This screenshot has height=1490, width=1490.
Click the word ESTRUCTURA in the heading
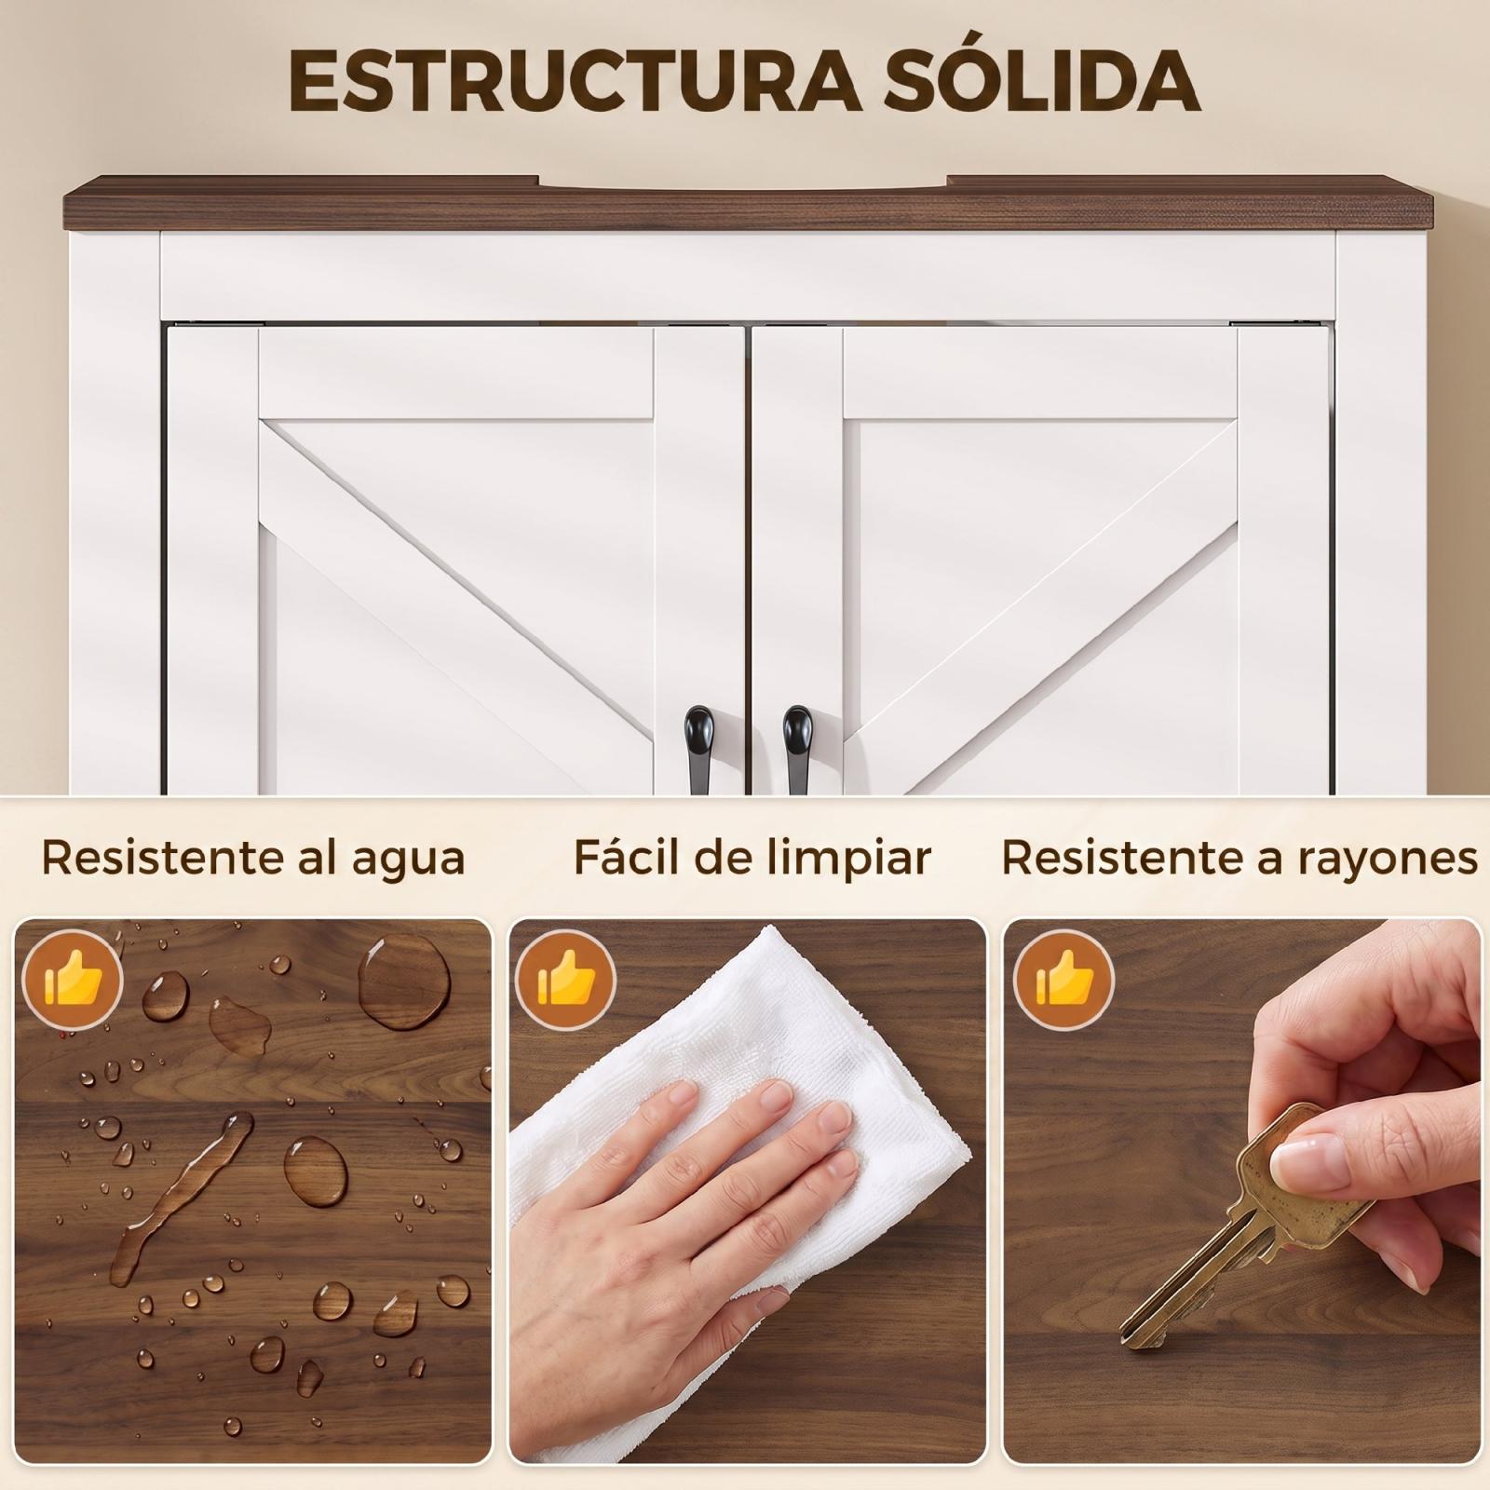coord(576,82)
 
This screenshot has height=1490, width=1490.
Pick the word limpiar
coord(851,858)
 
